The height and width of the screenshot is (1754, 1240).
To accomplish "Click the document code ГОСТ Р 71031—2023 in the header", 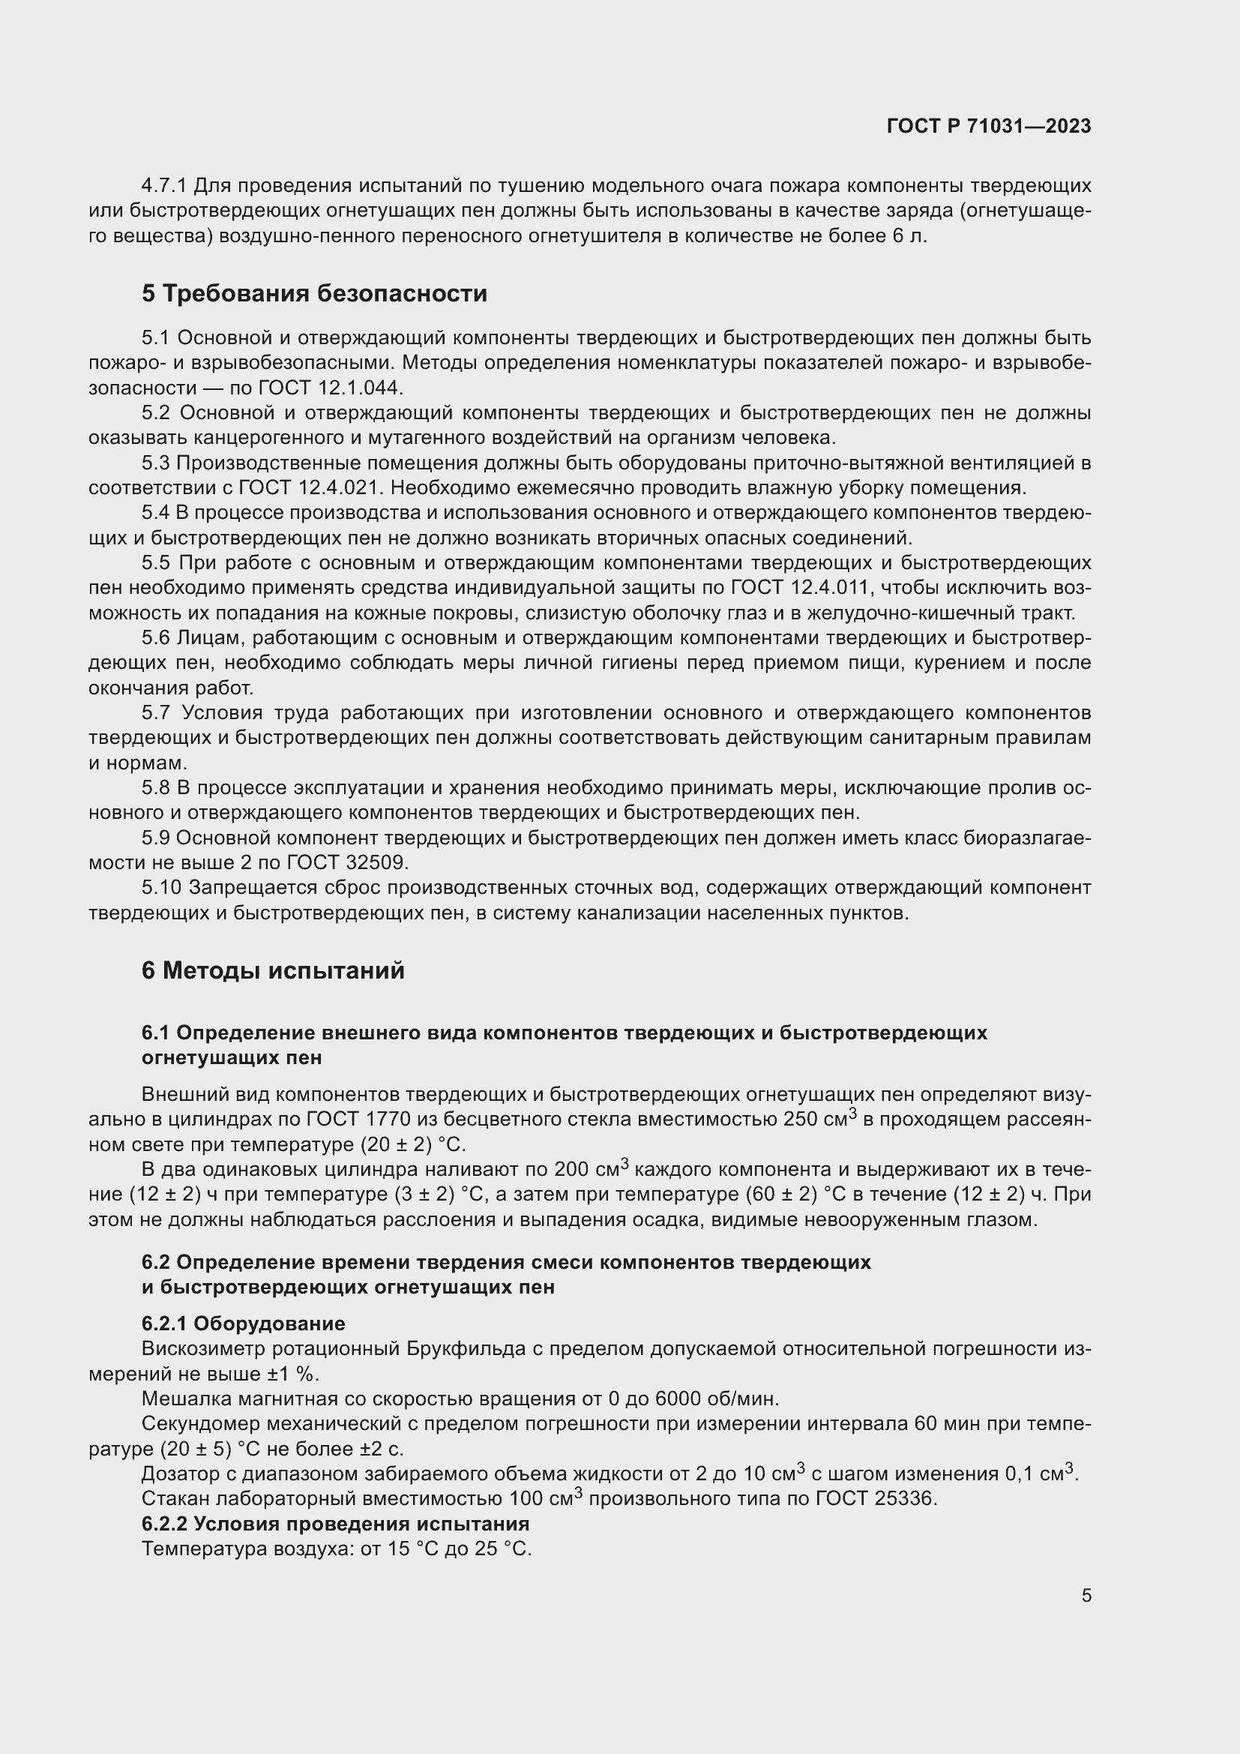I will pyautogui.click(x=989, y=127).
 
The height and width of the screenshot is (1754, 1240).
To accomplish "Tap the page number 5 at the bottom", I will pyautogui.click(x=1086, y=1596).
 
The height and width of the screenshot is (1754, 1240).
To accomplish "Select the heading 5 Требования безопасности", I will pyautogui.click(x=314, y=293).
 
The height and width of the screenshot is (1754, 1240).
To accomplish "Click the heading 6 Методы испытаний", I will pyautogui.click(x=273, y=971).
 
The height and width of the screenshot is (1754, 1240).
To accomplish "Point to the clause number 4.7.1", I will pyautogui.click(x=164, y=186).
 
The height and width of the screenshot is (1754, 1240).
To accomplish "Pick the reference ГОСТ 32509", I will pyautogui.click(x=347, y=862).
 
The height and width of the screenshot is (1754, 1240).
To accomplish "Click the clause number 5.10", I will pyautogui.click(x=162, y=888).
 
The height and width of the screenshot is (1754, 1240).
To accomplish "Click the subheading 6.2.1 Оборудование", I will pyautogui.click(x=243, y=1324).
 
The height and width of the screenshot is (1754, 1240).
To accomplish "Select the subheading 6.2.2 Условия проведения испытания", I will pyautogui.click(x=335, y=1524).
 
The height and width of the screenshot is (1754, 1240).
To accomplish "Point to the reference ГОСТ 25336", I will pyautogui.click(x=876, y=1499).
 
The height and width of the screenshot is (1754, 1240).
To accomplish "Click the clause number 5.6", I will pyautogui.click(x=157, y=638).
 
